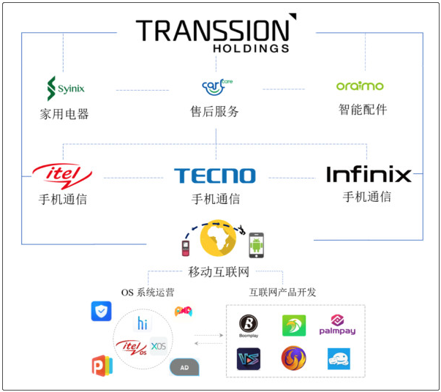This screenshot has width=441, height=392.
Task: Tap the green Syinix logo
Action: click(x=65, y=88)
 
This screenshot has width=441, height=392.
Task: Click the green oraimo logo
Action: click(x=360, y=86)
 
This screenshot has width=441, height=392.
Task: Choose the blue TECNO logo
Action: click(x=214, y=176)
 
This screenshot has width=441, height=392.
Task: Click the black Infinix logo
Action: click(x=368, y=175)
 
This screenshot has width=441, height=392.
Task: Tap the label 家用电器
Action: click(x=64, y=114)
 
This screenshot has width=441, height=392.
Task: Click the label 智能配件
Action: click(x=362, y=110)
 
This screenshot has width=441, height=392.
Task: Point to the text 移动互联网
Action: click(x=219, y=272)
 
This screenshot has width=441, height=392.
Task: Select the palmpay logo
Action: click(x=337, y=325)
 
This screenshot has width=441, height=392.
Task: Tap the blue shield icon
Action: click(x=101, y=311)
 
